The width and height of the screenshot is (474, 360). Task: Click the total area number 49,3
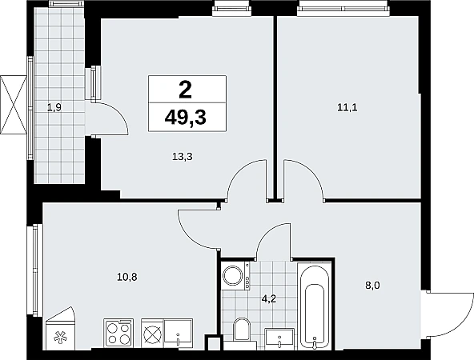pyautogui.click(x=185, y=117)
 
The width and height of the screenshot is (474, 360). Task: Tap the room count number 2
pyautogui.click(x=185, y=90)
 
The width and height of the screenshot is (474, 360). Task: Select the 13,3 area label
pyautogui.click(x=183, y=157)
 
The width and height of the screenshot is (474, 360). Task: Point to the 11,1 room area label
pyautogui.click(x=347, y=107)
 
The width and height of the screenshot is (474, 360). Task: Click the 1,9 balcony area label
pyautogui.click(x=54, y=107)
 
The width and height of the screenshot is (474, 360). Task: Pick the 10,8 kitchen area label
pyautogui.click(x=127, y=277)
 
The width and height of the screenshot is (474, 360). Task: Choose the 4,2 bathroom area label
pyautogui.click(x=270, y=299)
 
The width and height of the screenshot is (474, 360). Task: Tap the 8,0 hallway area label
pyautogui.click(x=372, y=286)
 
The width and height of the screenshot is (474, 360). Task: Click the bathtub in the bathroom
pyautogui.click(x=315, y=306)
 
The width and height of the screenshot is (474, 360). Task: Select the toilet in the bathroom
pyautogui.click(x=241, y=329)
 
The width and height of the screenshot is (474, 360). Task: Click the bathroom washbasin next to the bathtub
pyautogui.click(x=279, y=339)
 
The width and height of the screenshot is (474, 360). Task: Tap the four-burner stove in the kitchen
pyautogui.click(x=118, y=333)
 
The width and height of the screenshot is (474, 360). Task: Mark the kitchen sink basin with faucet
pyautogui.click(x=178, y=333)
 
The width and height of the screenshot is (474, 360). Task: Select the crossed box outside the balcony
pyautogui.click(x=14, y=105)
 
